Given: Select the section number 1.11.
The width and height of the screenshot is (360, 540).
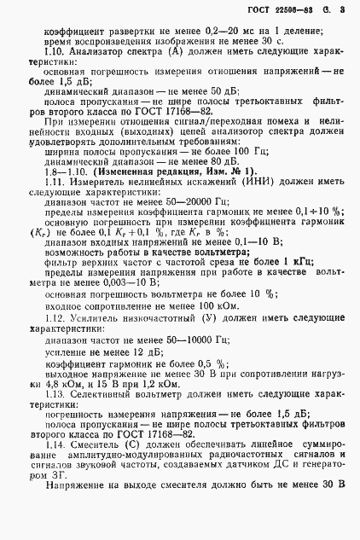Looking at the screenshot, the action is point(57,184).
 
